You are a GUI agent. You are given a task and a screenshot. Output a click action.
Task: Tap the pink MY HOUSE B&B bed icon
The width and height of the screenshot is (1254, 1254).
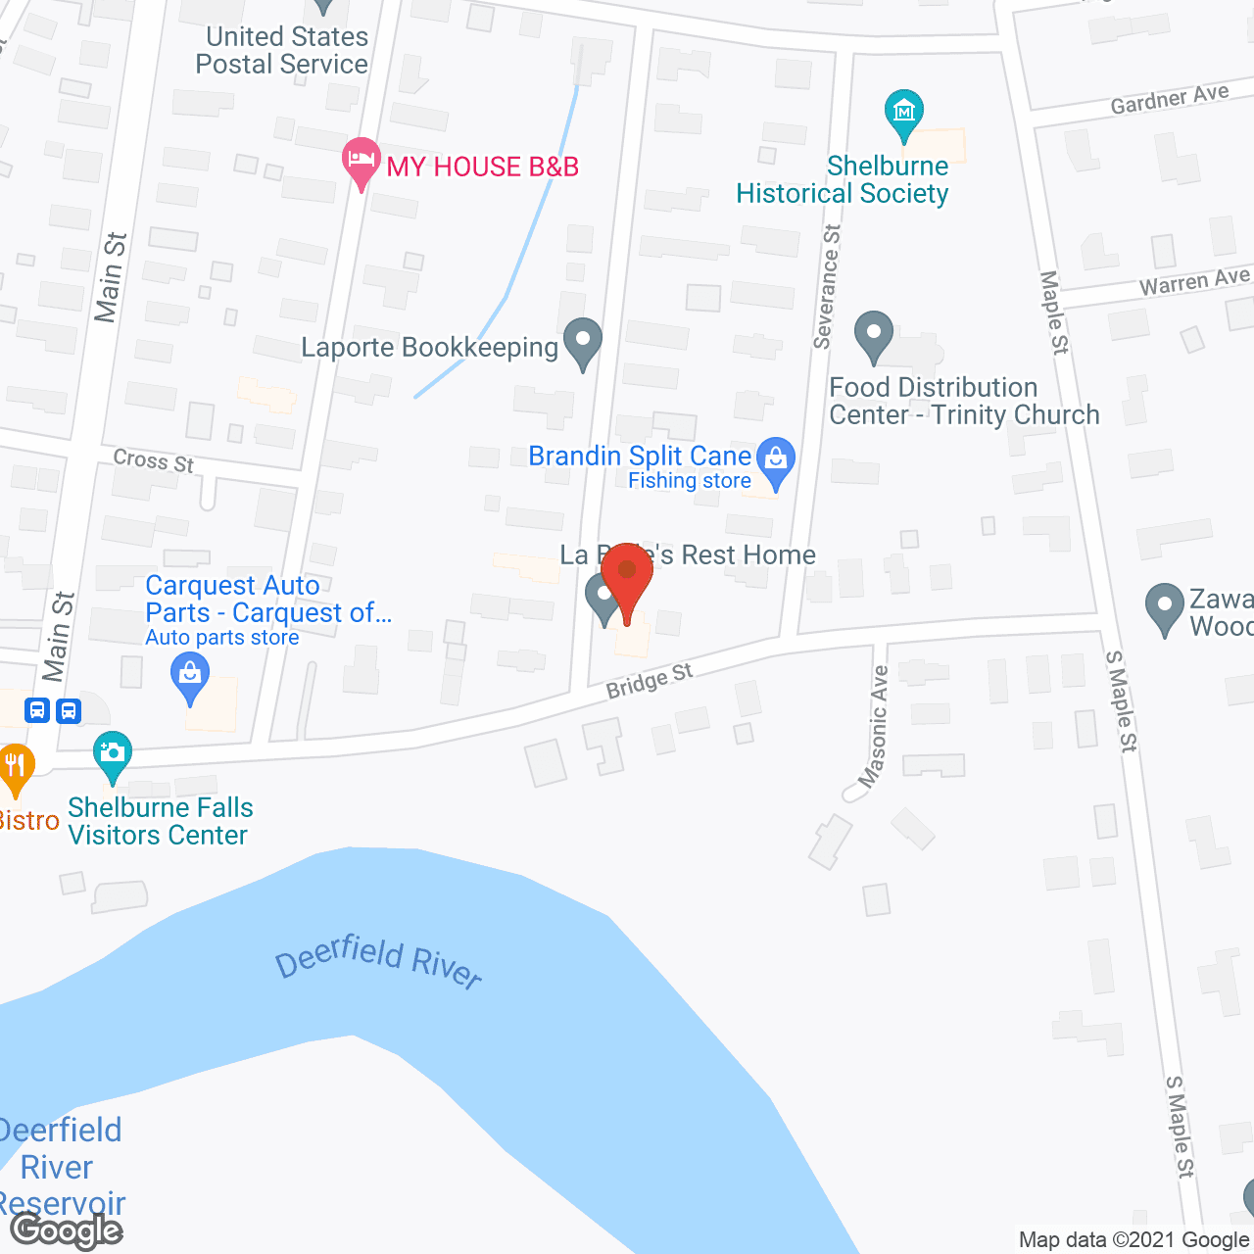(x=362, y=161)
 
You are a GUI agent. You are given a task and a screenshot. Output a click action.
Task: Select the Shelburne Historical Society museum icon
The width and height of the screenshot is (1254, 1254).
(x=903, y=114)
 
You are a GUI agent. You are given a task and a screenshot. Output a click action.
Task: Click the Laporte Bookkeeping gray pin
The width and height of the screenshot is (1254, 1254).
(x=584, y=343)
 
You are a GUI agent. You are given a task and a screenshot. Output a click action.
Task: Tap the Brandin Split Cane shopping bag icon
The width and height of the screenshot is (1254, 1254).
(x=776, y=460)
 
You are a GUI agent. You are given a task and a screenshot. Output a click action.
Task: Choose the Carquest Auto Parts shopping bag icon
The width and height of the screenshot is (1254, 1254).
(x=190, y=676)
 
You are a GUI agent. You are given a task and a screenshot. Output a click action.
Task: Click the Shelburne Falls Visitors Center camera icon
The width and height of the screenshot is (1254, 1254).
(x=113, y=754)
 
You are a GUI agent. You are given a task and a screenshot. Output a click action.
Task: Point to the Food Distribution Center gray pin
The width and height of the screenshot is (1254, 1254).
(x=873, y=335)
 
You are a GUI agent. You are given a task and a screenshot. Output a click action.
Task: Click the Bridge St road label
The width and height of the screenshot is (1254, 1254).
(x=649, y=680)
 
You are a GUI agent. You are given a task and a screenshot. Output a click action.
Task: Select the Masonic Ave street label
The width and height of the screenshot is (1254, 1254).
(x=874, y=726)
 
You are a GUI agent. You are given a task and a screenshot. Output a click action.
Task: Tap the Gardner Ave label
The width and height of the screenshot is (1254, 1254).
(x=1169, y=99)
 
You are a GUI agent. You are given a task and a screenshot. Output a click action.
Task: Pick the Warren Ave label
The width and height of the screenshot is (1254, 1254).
(x=1194, y=282)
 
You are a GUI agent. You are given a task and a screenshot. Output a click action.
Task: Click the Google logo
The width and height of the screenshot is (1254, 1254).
(x=67, y=1230)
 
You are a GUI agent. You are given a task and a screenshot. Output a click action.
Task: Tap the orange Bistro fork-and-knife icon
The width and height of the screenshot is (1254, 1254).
(x=14, y=766)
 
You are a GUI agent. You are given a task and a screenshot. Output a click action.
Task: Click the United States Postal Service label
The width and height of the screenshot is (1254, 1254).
(x=283, y=51)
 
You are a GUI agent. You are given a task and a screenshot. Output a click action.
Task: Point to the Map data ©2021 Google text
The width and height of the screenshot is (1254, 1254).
(x=1133, y=1240)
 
